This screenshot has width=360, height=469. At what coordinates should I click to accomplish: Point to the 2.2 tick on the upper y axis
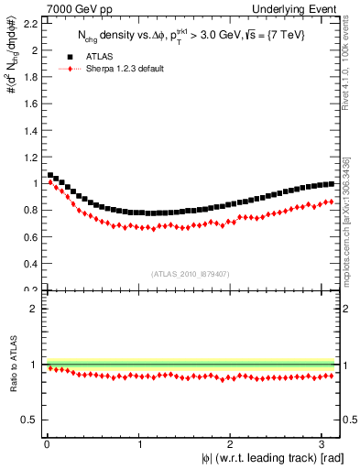(29, 23)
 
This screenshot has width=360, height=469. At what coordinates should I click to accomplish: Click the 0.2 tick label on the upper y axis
(29, 289)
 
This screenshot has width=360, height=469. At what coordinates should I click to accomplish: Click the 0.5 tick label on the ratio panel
(29, 420)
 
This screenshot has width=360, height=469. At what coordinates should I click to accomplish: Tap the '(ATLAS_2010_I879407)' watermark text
(190, 272)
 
